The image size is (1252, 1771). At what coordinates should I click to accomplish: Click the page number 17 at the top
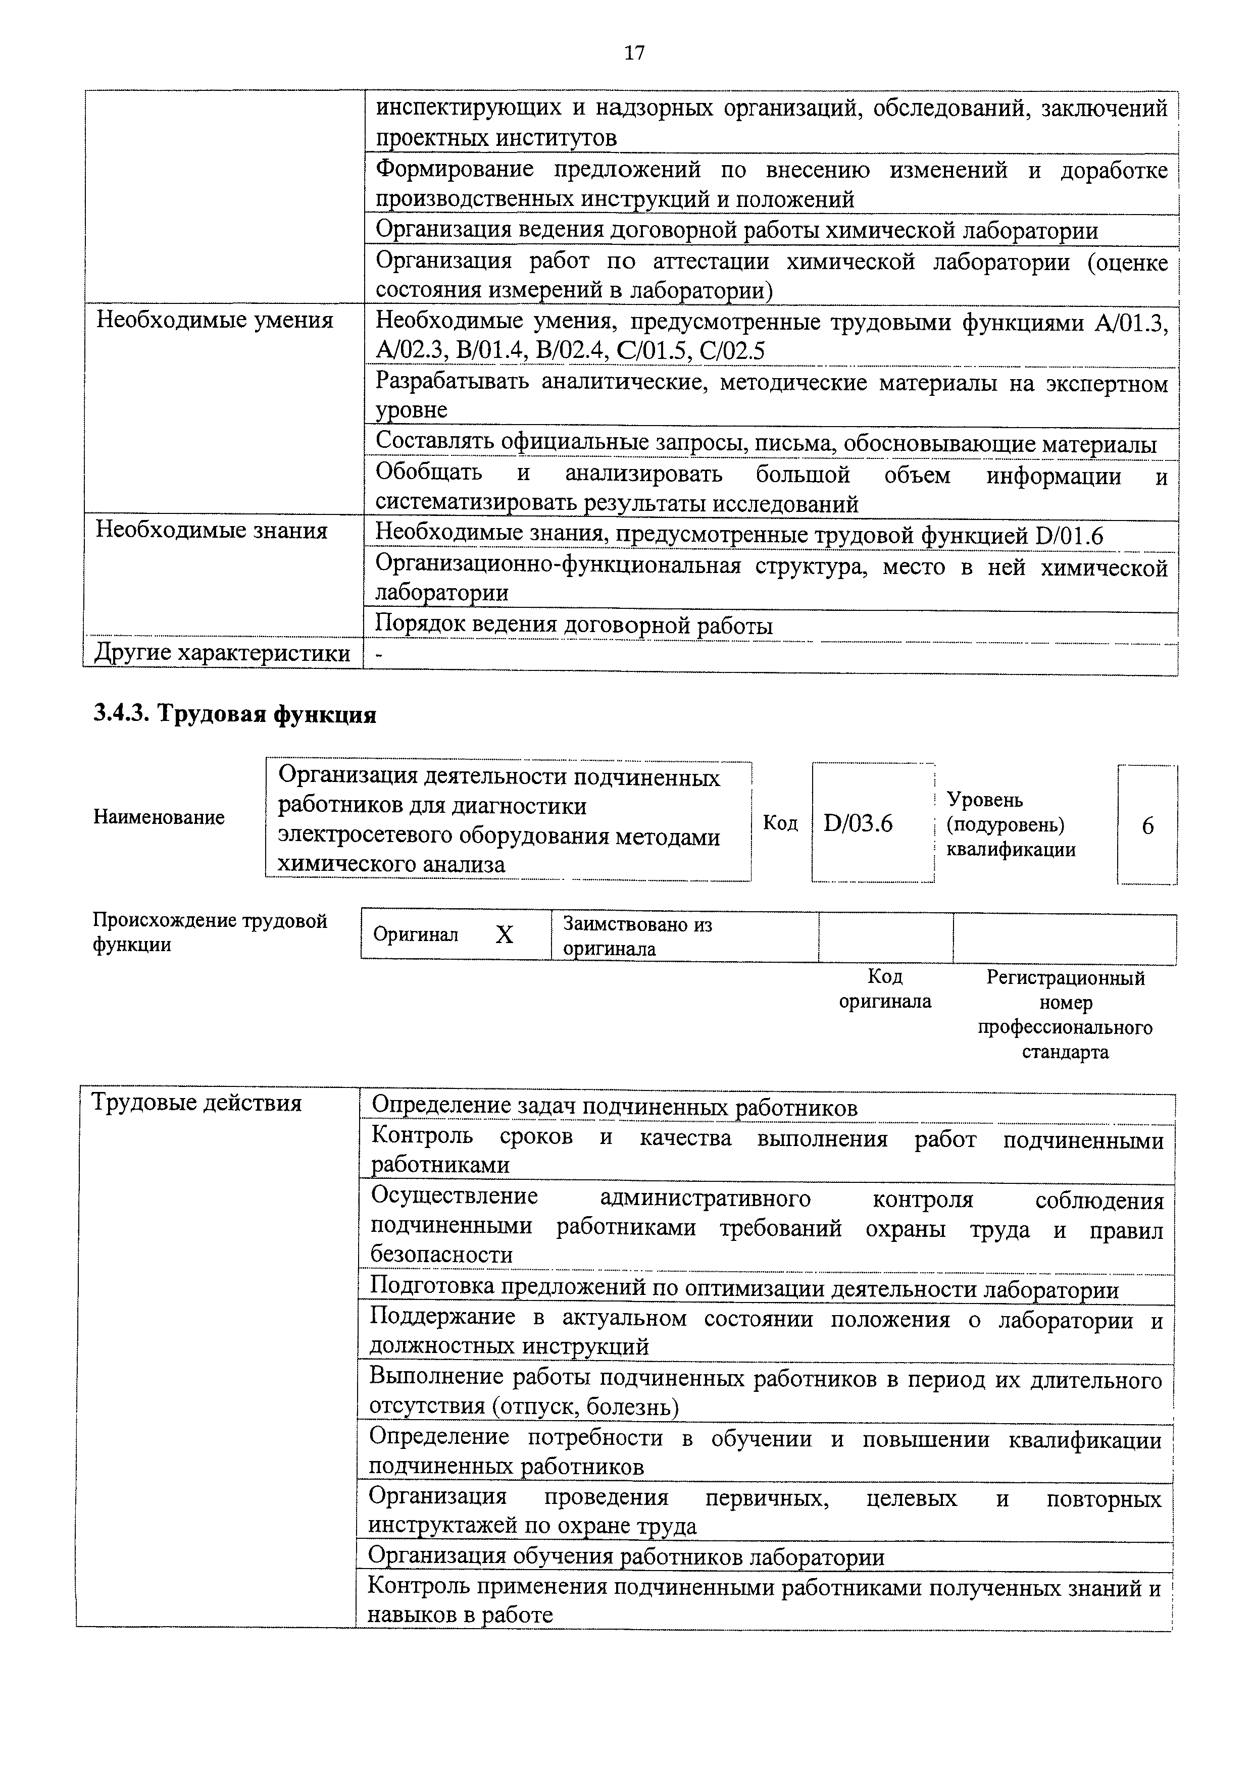tap(634, 53)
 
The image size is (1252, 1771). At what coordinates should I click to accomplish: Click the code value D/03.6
tap(858, 824)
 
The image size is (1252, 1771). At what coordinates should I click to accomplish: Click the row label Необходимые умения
tap(215, 320)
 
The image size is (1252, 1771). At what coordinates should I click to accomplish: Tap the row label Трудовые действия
tap(196, 1103)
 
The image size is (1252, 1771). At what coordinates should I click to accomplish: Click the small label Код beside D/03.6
tap(780, 823)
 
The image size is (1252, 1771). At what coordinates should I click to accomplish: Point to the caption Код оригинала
tap(885, 989)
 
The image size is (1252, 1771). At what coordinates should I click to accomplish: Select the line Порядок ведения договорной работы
tap(573, 626)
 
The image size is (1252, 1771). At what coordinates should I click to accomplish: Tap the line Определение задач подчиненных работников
tap(614, 1108)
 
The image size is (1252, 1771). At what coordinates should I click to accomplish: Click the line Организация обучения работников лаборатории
tap(626, 1556)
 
